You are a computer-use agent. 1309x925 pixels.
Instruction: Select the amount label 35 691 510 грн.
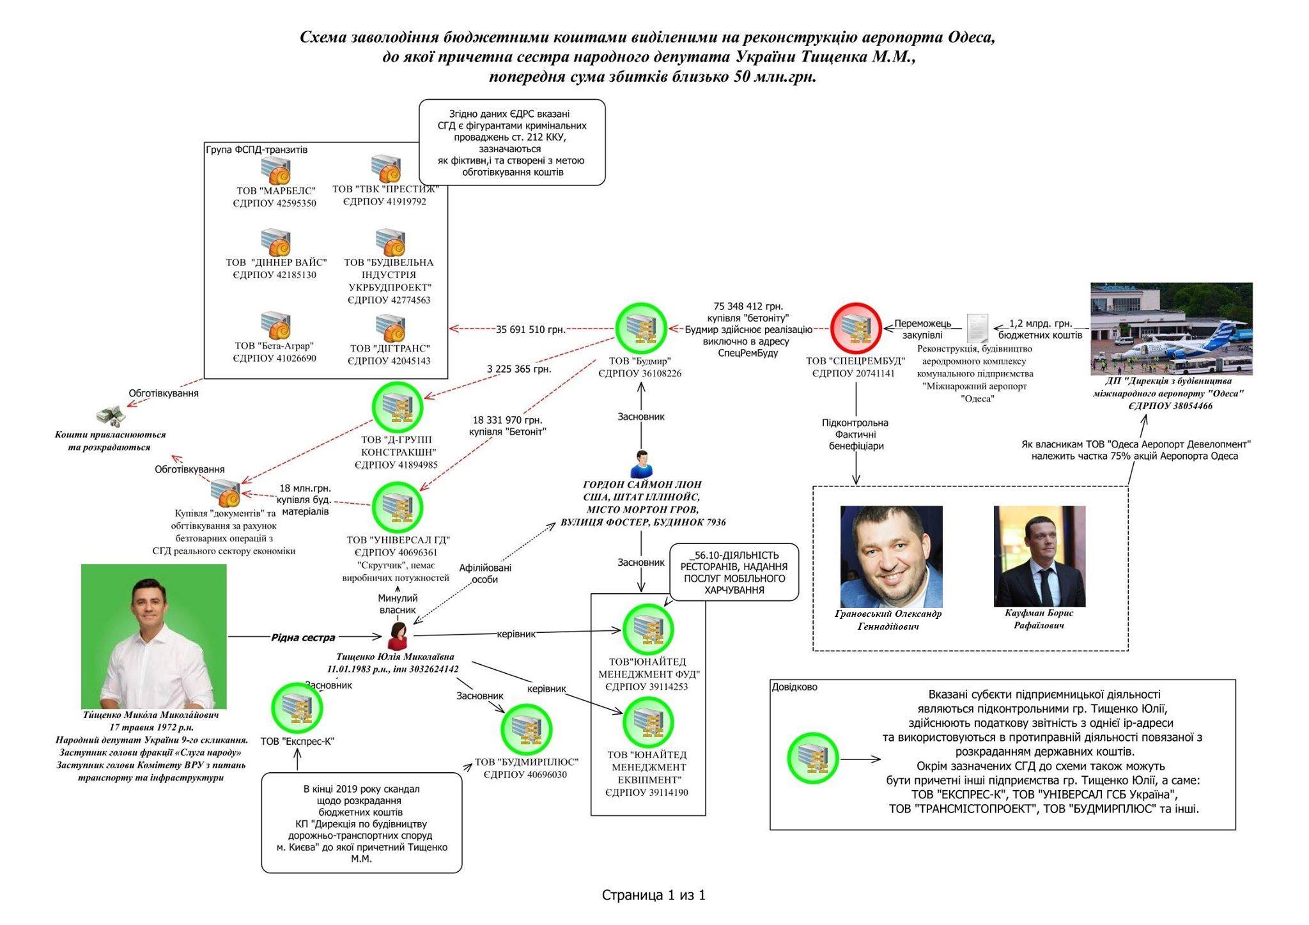[531, 330]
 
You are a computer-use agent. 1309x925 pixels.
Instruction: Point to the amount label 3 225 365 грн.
[518, 369]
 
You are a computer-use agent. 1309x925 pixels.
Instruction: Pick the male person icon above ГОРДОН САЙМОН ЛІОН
[641, 463]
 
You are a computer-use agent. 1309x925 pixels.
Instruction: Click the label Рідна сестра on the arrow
[303, 637]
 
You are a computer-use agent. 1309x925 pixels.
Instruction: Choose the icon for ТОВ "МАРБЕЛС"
[275, 171]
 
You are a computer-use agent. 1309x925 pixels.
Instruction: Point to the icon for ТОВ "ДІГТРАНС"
[390, 329]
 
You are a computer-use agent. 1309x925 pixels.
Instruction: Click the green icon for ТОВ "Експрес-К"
[297, 708]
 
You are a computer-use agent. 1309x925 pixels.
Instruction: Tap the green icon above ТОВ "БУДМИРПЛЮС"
[526, 729]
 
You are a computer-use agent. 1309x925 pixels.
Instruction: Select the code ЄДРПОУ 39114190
[646, 793]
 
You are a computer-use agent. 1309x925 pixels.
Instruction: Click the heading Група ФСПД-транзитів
[256, 150]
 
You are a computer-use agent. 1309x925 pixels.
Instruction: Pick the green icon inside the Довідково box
[812, 759]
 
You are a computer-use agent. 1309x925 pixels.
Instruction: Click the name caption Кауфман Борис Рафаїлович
[1039, 619]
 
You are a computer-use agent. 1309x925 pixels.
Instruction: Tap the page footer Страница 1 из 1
[653, 895]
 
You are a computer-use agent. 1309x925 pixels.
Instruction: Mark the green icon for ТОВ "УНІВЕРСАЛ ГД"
[397, 507]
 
